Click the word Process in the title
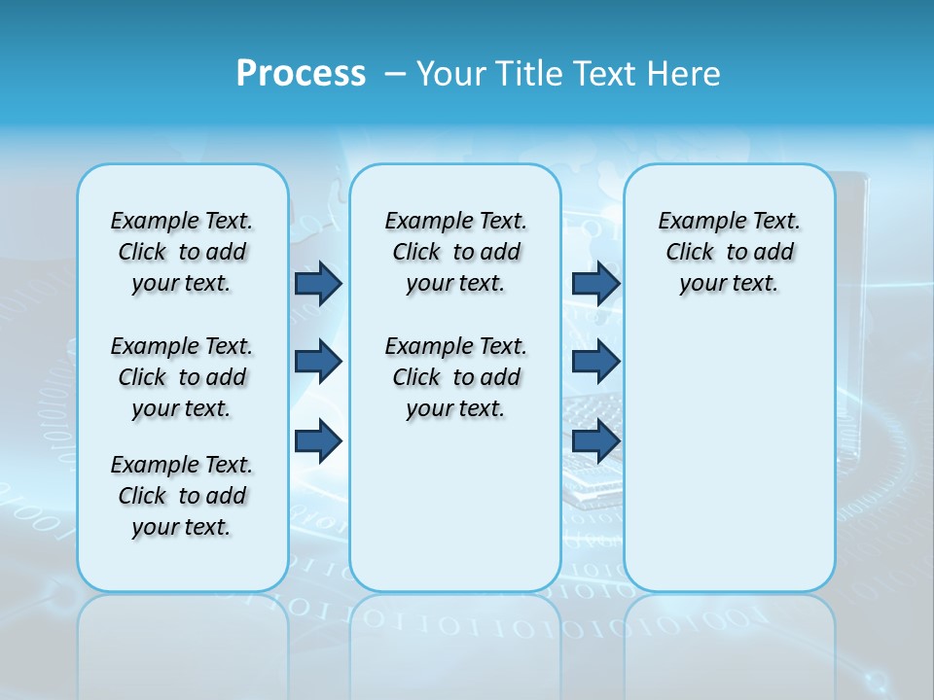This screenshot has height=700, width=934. pos(301,73)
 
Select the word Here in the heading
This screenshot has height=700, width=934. pos(686,73)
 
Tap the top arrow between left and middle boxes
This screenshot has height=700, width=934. pos(318,283)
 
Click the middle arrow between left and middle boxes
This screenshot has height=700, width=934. pos(318,362)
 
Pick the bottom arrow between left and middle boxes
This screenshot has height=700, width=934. pos(318,441)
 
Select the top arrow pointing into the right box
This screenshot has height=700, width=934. pos(595,283)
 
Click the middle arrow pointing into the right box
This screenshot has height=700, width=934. pos(595,362)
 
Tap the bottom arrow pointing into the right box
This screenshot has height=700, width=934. pos(595,441)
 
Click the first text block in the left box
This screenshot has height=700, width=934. pos(182,252)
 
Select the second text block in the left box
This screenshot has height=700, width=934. pos(182,377)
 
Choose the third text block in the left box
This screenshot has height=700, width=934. pos(182,496)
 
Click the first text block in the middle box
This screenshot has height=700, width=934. pos(455,252)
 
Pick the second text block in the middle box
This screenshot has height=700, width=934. pos(455,377)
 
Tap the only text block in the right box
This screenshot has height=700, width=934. pos(729,252)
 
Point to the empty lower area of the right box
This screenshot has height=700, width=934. pos(729,447)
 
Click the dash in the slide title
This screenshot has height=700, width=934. pos(395,73)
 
